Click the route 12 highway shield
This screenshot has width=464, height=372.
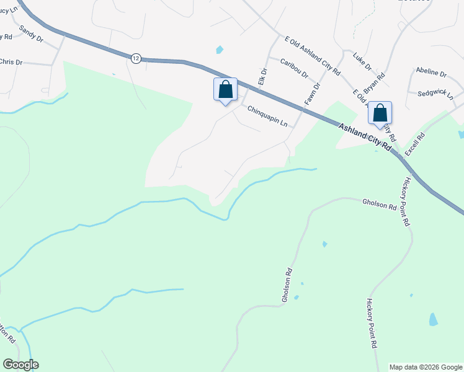point(136,58)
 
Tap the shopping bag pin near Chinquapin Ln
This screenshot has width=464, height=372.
point(225,89)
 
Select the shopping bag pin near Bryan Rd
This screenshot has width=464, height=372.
point(380,113)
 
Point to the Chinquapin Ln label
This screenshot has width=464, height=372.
point(267,116)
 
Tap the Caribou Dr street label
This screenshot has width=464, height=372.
point(294,68)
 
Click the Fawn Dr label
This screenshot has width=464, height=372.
point(311,92)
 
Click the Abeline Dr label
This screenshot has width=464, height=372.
point(431,73)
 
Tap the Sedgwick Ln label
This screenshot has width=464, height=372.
point(435,94)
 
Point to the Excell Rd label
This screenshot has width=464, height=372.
point(414,144)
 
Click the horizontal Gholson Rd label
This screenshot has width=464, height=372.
point(379,203)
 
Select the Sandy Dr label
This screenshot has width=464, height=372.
point(31,33)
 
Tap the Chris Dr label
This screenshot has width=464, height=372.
point(11,62)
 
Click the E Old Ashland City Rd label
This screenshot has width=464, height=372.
point(313,55)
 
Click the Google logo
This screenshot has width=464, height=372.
point(20,365)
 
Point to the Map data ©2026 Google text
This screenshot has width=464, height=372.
point(425,367)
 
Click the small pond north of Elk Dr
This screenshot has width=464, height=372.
point(219,50)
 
